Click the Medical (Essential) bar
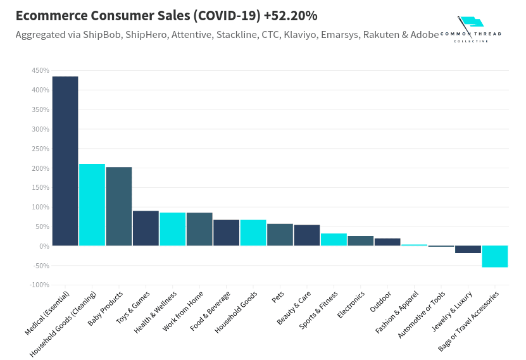click(65, 161)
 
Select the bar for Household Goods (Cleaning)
click(92, 205)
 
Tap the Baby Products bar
click(119, 206)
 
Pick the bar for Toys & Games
click(146, 228)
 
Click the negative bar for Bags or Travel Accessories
click(494, 256)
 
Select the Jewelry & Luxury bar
click(468, 249)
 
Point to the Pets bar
click(280, 235)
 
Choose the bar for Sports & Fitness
click(334, 240)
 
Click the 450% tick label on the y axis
click(40, 71)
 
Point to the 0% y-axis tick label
click(42, 246)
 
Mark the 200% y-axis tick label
click(40, 168)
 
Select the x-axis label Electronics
click(351, 304)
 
